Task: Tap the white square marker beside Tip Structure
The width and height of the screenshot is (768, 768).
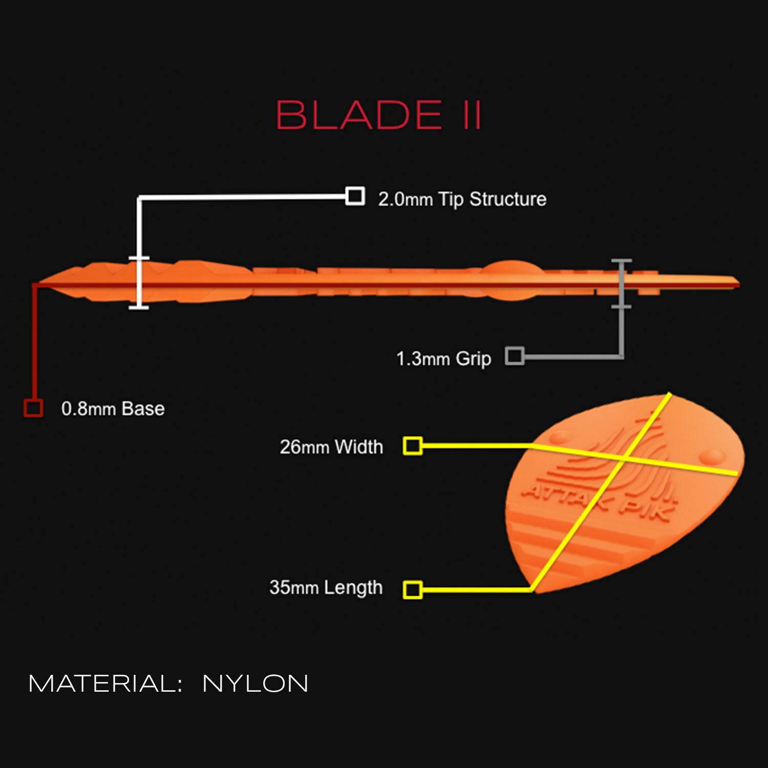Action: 355,196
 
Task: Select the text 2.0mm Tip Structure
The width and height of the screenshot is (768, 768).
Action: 462,199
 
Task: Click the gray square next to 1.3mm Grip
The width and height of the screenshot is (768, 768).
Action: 515,356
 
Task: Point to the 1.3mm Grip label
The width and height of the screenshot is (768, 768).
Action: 443,359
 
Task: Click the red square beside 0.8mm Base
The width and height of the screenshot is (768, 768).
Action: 33,408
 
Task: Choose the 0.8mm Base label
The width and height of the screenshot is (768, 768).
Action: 113,409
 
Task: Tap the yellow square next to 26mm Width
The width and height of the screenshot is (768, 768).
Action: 413,446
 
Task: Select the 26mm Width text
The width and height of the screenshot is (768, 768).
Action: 331,447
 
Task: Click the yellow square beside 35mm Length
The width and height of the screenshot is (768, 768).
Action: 413,590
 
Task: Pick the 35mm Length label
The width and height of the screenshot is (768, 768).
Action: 326,588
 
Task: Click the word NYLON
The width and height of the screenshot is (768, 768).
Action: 255,684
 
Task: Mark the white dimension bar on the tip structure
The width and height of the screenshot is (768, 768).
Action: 138,283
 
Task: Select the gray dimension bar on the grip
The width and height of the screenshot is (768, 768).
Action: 621,284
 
